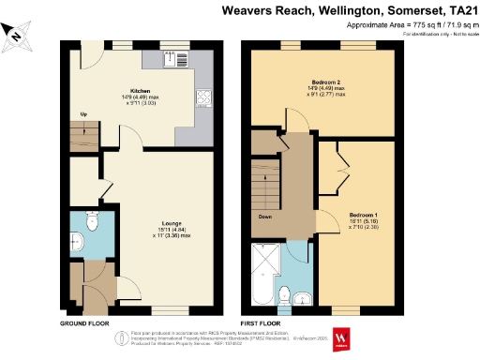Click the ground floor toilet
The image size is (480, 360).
[92, 221]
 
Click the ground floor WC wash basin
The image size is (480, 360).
[76, 240]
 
